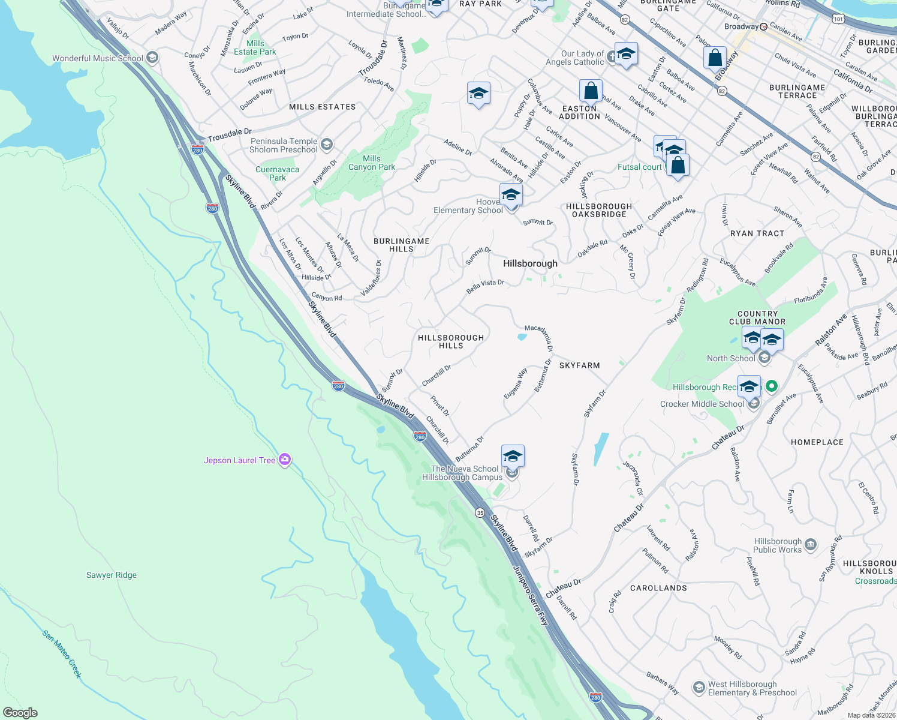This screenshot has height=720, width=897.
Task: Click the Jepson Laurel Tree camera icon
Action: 285,460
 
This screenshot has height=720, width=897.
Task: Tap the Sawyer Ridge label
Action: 112,575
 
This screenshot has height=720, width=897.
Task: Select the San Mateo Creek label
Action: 62,653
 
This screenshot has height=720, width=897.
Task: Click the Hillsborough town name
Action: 530,263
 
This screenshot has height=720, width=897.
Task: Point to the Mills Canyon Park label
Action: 371,163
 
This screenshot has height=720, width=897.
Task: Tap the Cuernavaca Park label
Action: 277,173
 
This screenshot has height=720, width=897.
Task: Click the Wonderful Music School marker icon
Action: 152,58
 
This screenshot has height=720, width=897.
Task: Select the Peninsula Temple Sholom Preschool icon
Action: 327,145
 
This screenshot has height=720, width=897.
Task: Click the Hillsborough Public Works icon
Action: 811,545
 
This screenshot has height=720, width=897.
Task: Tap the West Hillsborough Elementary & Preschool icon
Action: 699,688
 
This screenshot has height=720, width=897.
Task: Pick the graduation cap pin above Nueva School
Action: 513,456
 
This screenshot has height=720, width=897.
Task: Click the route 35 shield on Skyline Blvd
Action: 480,512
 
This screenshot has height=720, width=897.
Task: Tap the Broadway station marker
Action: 764,27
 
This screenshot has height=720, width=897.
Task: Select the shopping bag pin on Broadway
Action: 715,58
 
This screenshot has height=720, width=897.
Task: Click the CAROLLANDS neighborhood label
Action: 658,588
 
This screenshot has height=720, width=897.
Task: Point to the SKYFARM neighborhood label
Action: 579,365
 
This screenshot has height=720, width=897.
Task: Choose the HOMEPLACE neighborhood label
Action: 817,442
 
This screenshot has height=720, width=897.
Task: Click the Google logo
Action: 20,712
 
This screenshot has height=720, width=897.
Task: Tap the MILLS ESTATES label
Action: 322,107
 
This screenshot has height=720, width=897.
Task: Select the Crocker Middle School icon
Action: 754,403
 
